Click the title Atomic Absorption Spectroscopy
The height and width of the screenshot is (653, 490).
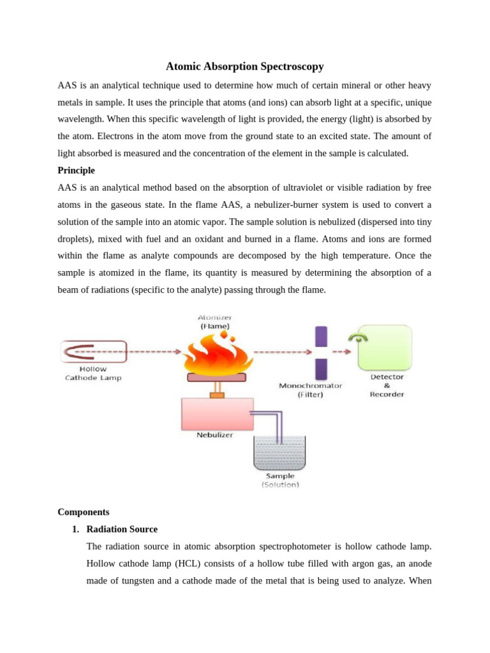click(245, 66)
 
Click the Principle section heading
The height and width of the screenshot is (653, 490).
click(76, 170)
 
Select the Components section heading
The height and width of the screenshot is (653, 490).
click(83, 511)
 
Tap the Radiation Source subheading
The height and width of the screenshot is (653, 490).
click(121, 529)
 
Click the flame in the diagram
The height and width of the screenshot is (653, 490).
click(215, 355)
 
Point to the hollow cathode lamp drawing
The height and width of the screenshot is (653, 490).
click(93, 351)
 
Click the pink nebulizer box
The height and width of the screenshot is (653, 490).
click(217, 413)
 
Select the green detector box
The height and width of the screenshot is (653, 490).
click(385, 348)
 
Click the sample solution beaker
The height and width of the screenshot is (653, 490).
click(279, 453)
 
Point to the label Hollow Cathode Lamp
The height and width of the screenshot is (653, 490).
click(93, 373)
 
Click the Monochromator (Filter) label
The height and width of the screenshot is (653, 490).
click(311, 390)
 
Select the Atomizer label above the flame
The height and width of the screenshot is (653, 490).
click(215, 317)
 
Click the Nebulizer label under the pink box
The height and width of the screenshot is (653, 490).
click(214, 435)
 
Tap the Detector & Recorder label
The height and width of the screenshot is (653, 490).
click(387, 385)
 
